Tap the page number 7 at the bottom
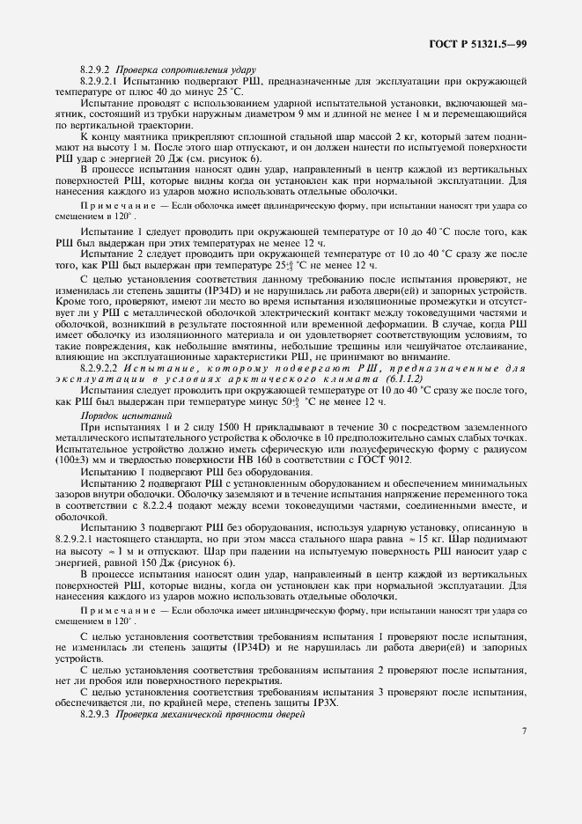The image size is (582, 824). (523, 732)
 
